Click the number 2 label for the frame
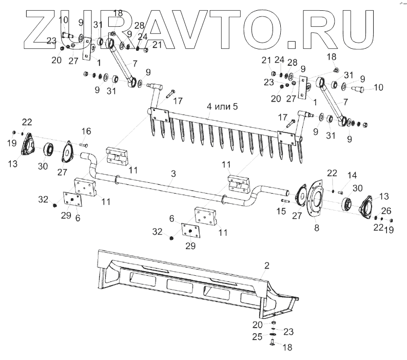tap(266, 266)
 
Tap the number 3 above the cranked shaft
tap(173, 175)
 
